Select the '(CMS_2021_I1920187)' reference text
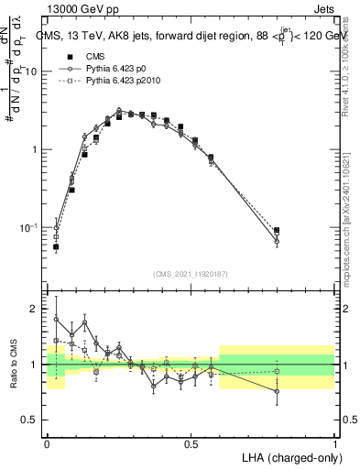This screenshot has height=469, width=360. (x=191, y=273)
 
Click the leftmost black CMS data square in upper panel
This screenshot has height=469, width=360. (x=56, y=246)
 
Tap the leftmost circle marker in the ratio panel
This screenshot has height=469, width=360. (x=56, y=320)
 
